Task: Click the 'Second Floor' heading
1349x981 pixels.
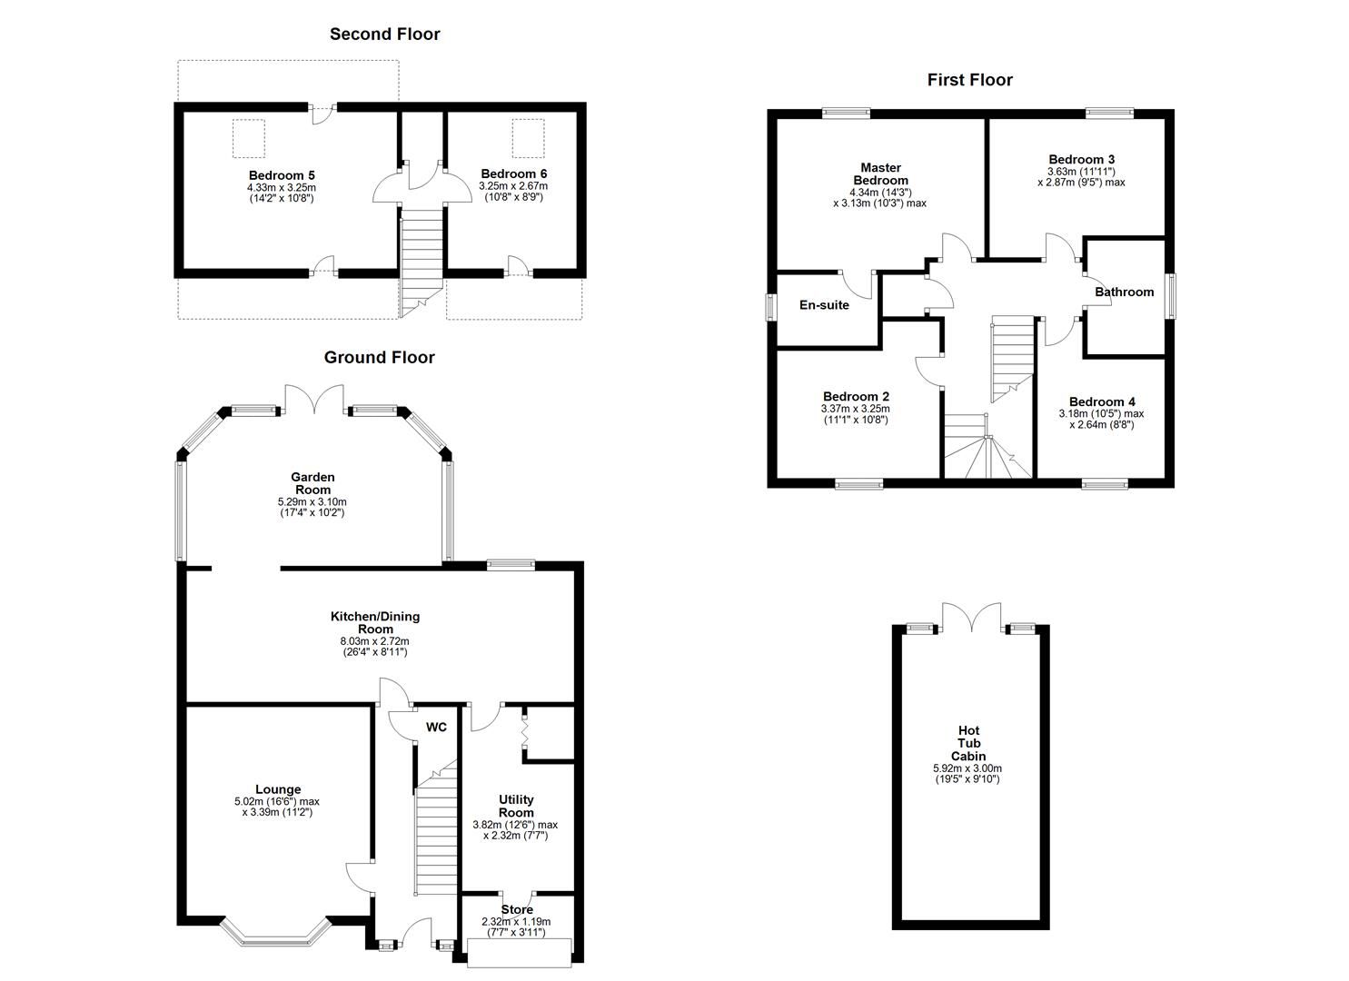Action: point(384,35)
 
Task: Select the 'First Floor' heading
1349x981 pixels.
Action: point(969,80)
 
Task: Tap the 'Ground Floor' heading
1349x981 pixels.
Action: point(379,358)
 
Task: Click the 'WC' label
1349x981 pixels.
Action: point(436,728)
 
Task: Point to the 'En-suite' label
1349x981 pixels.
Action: point(824,305)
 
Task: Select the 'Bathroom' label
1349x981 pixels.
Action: point(1124,292)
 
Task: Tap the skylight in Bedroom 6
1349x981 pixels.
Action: point(524,136)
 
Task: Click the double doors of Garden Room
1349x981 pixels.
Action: point(314,400)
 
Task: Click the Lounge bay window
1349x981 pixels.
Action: point(274,934)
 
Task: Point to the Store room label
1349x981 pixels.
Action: point(517,909)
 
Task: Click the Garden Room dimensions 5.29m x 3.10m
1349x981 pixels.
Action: point(312,501)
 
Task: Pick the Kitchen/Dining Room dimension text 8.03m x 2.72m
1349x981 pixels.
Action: point(374,641)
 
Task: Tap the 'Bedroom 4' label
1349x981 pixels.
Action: point(1101,402)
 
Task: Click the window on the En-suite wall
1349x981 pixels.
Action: point(772,305)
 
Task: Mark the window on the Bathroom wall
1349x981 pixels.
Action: point(1170,297)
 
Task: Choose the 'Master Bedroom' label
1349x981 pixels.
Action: point(879,173)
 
